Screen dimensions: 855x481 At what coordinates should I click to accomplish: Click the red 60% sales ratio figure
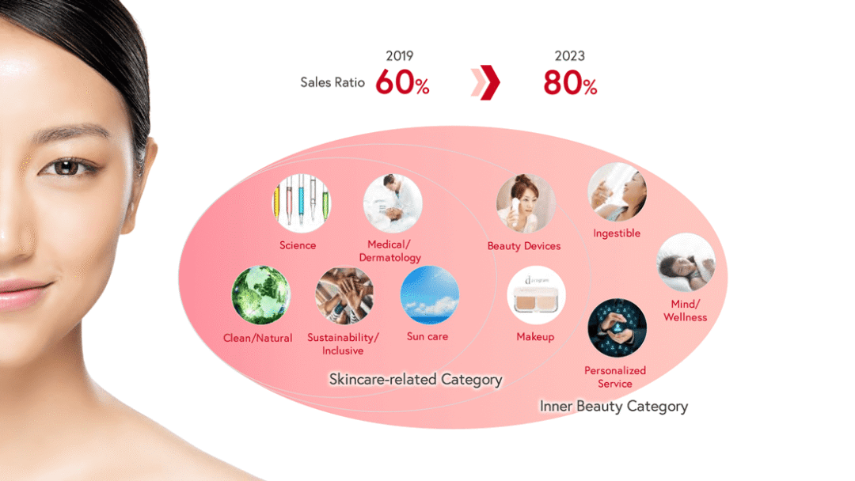click(x=402, y=82)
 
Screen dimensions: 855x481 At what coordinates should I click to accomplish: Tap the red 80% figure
click(x=570, y=83)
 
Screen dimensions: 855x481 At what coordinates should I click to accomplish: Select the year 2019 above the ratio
click(x=400, y=55)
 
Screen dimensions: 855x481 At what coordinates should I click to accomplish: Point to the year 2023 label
click(x=570, y=55)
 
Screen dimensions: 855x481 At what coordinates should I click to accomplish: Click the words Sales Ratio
click(x=332, y=82)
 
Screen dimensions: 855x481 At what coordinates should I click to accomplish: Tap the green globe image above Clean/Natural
click(x=260, y=295)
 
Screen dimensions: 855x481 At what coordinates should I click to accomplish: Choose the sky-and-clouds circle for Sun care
click(x=430, y=295)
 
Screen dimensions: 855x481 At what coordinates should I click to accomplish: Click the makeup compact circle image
click(x=537, y=295)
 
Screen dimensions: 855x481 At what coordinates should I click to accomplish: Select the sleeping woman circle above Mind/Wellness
click(x=686, y=263)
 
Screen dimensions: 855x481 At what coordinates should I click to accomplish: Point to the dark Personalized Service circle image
click(x=617, y=328)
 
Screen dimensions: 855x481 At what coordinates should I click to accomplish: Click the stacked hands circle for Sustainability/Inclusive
click(x=344, y=295)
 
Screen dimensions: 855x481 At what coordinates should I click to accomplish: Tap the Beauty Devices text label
click(x=524, y=246)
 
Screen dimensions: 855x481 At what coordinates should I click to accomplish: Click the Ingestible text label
click(x=617, y=233)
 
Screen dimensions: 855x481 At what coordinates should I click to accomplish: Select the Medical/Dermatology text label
click(x=389, y=251)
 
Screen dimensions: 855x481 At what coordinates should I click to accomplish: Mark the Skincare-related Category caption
click(x=416, y=379)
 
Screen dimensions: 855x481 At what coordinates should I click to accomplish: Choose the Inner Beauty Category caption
click(x=614, y=407)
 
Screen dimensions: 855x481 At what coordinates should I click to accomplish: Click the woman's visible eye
click(x=66, y=167)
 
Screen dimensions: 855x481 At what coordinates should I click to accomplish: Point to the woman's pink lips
click(x=22, y=294)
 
